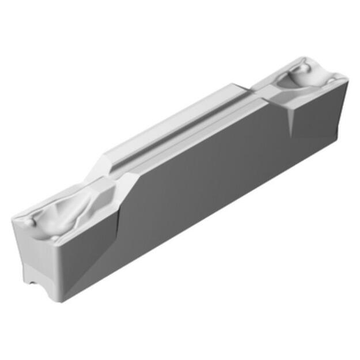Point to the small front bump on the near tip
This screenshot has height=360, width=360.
pyautogui.click(x=54, y=237)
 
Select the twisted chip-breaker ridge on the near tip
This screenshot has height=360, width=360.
pyautogui.click(x=69, y=207)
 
